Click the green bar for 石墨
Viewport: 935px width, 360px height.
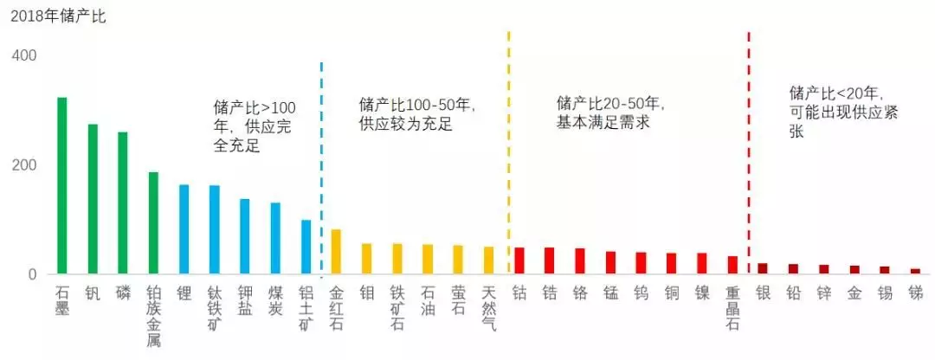tap(61, 186)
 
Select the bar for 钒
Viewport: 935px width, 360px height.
tap(93, 199)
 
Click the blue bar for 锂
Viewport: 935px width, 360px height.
tap(184, 229)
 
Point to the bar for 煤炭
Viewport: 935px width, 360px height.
tap(275, 239)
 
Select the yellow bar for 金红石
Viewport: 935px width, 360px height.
tap(336, 252)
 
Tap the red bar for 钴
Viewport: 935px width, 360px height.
tap(519, 261)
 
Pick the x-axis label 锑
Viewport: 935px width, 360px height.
tap(915, 293)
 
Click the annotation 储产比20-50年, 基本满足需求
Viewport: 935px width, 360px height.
tap(611, 113)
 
